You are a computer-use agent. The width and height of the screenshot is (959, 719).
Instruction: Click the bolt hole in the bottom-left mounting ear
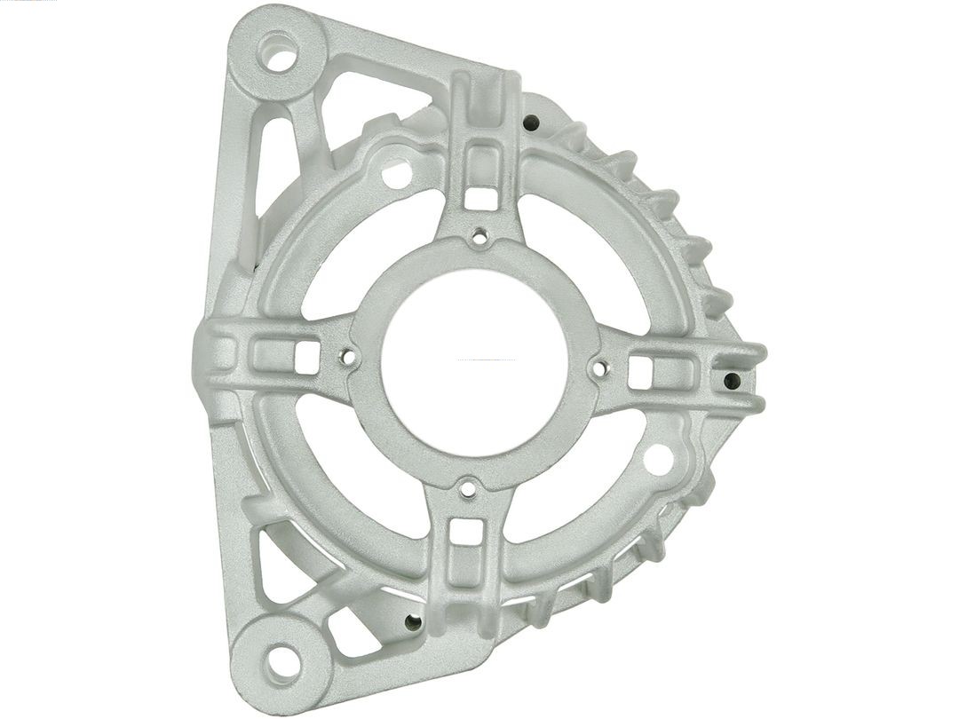pos(281,660)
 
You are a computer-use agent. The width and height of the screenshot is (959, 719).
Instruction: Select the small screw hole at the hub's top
pos(480,236)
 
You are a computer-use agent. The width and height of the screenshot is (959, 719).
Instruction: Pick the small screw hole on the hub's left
pos(348,358)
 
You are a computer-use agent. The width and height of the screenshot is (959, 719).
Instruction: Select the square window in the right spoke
pos(641,373)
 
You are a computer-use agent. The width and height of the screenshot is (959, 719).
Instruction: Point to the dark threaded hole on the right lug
pos(732,381)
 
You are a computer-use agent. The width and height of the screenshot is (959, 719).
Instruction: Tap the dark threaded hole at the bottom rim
pos(411,622)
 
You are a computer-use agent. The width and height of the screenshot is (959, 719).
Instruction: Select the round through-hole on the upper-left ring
pos(396,174)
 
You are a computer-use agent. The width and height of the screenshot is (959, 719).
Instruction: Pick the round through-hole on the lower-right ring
pos(658,459)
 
